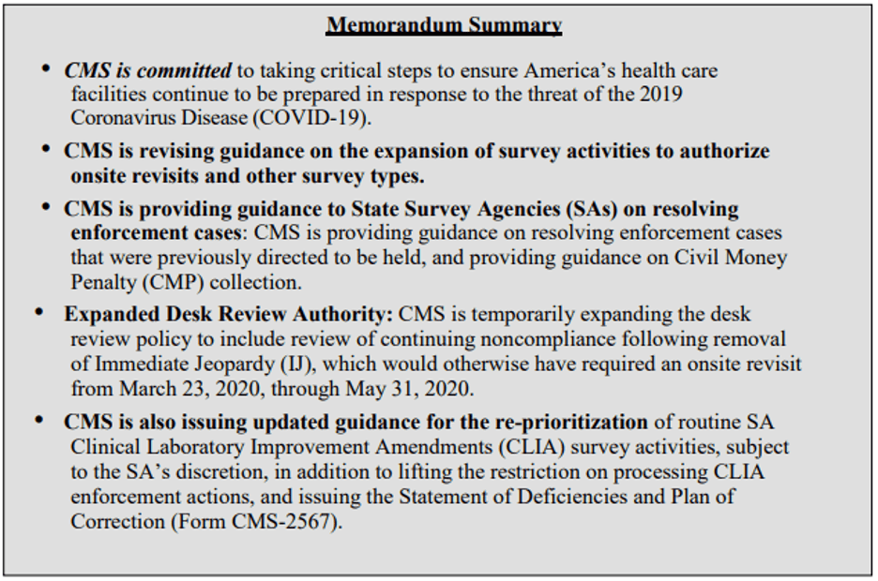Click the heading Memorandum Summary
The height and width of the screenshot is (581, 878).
444,25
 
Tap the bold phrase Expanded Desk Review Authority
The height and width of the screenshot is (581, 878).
230,314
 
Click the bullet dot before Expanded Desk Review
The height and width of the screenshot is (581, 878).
40,313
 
